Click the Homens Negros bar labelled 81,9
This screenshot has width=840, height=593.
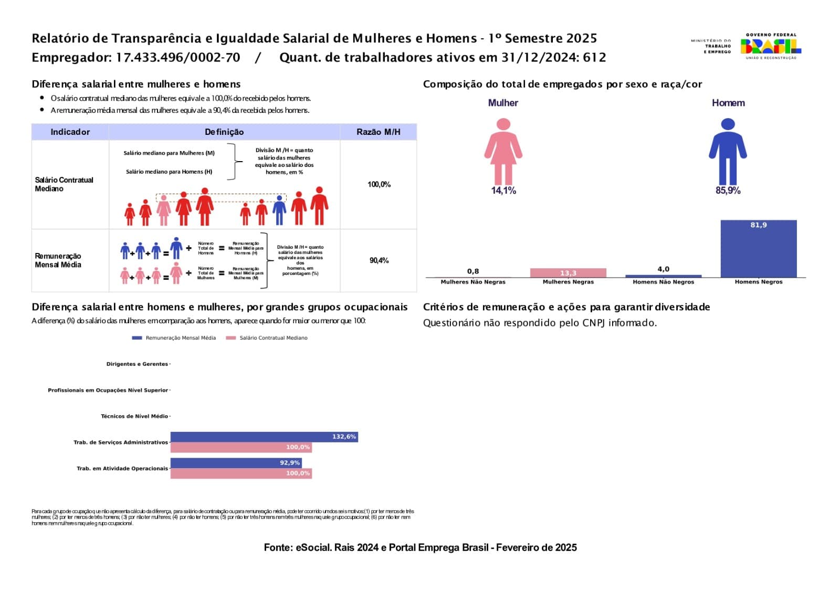pyautogui.click(x=758, y=249)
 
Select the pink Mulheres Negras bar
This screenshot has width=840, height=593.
pyautogui.click(x=568, y=273)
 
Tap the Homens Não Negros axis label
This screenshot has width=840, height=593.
pyautogui.click(x=663, y=282)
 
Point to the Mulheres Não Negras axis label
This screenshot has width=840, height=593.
pyautogui.click(x=473, y=282)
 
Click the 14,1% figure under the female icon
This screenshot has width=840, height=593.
pyautogui.click(x=503, y=190)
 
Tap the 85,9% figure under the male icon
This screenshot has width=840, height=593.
pyautogui.click(x=728, y=190)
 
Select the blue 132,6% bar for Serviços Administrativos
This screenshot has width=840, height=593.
pyautogui.click(x=264, y=437)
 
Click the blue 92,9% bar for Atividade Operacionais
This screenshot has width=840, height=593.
pyautogui.click(x=236, y=463)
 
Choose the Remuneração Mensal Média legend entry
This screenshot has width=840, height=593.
pyautogui.click(x=174, y=338)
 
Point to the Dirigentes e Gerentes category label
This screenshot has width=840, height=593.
pyautogui.click(x=137, y=364)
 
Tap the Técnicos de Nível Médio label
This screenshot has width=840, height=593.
pyautogui.click(x=134, y=416)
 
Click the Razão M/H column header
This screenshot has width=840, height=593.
pyautogui.click(x=378, y=132)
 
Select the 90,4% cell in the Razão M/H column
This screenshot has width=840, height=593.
pyautogui.click(x=379, y=260)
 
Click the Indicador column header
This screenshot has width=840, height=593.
pyautogui.click(x=70, y=132)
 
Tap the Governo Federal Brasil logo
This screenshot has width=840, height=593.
pyautogui.click(x=771, y=46)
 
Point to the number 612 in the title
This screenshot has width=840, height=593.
pyautogui.click(x=594, y=57)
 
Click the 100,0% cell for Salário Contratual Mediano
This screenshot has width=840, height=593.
pyautogui.click(x=379, y=184)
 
